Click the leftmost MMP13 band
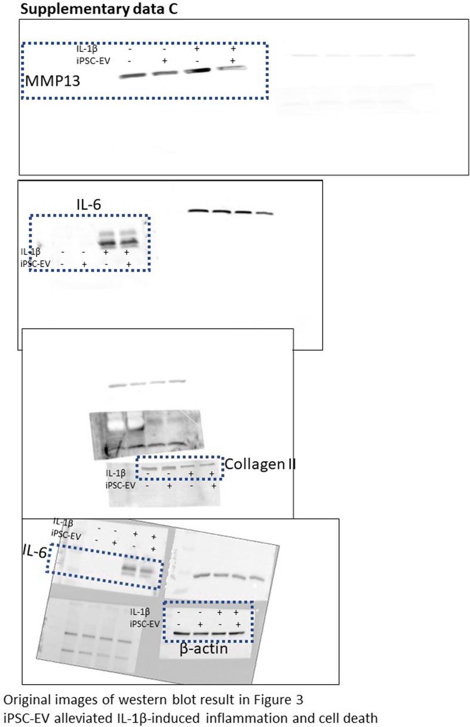133,76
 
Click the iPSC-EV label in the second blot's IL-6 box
36,264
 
